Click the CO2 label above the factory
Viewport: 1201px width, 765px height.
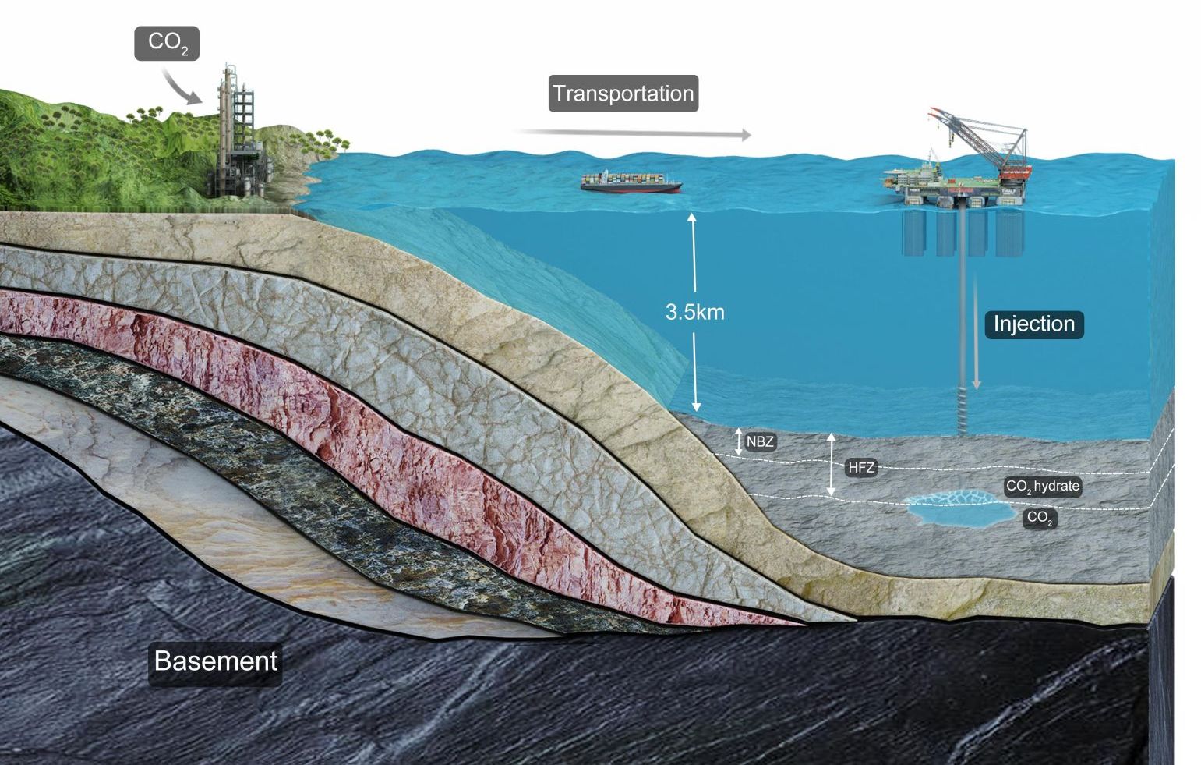pos(167,43)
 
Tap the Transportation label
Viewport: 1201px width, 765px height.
pos(623,94)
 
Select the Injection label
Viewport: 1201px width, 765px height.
pos(1033,324)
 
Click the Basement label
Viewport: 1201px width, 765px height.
pos(215,661)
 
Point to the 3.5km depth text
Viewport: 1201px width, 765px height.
pos(694,313)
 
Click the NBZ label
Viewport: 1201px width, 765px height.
pos(760,442)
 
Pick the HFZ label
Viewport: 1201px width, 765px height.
pos(860,468)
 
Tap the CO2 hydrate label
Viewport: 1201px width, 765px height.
pos(1042,487)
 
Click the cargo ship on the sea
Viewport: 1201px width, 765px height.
pos(631,183)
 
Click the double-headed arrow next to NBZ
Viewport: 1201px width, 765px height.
pos(738,441)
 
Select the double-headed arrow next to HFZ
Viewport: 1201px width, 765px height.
pos(832,465)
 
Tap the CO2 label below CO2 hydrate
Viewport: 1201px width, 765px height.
pos(1040,518)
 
